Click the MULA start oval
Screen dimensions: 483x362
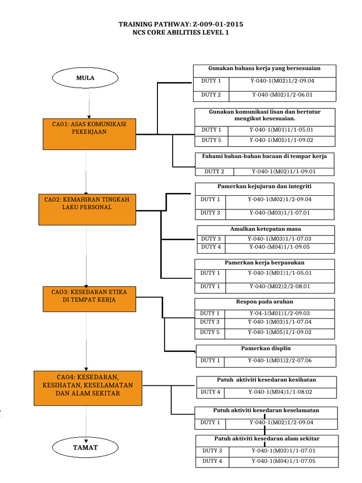point(85,78)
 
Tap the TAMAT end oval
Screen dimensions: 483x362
point(85,448)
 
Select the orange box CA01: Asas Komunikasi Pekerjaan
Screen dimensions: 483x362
point(89,134)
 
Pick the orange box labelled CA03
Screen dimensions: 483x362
point(90,299)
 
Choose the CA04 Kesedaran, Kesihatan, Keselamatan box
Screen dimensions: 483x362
point(88,388)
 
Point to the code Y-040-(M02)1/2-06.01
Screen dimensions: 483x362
point(282,95)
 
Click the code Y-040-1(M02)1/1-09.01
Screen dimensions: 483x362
point(283,172)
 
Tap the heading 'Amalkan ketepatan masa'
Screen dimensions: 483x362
point(265,229)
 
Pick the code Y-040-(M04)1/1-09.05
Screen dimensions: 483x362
point(280,247)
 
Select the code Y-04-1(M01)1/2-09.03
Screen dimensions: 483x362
point(280,313)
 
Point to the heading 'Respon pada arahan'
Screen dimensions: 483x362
point(264,301)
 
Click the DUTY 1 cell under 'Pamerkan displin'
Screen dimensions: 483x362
point(210,361)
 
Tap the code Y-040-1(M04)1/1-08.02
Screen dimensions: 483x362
point(280,392)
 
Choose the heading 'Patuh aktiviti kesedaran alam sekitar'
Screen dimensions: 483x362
point(267,439)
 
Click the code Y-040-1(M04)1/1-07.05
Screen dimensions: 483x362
point(283,461)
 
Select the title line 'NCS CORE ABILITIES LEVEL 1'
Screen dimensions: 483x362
point(181,33)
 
